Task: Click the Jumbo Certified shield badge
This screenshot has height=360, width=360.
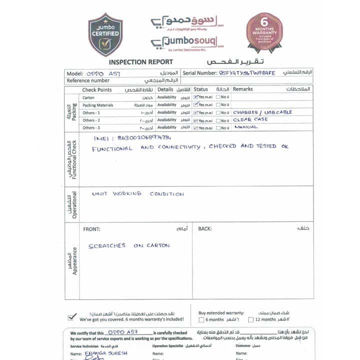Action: [x=105, y=34]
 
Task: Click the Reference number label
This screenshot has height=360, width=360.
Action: [x=88, y=80]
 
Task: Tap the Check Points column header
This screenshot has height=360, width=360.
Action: [x=97, y=89]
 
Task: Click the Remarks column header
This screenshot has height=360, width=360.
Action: [x=243, y=89]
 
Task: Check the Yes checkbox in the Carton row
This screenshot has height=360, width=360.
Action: [x=195, y=97]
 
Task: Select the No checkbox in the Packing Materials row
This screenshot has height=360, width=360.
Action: [x=218, y=105]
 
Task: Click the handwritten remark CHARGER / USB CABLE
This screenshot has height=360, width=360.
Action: [x=262, y=112]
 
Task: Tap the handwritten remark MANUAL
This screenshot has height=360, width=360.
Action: [x=246, y=127]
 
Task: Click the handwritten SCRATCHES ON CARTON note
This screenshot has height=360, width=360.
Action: [x=129, y=246]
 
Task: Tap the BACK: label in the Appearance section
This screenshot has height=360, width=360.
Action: [x=204, y=229]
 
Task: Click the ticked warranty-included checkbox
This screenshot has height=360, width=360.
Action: [x=72, y=316]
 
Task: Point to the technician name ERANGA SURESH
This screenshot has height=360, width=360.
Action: [x=107, y=353]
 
